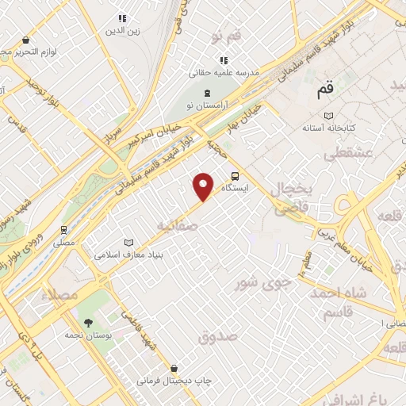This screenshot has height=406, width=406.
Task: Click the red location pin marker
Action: [x=204, y=186]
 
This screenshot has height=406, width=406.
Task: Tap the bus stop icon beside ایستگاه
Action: [x=235, y=176]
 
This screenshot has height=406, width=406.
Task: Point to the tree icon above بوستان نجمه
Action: [x=88, y=323]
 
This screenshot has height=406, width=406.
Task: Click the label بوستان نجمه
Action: [x=88, y=336]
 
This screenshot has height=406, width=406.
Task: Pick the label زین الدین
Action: [x=122, y=31]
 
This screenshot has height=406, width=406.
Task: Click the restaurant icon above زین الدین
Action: [x=122, y=18]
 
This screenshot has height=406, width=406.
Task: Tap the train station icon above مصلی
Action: [x=63, y=230]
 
